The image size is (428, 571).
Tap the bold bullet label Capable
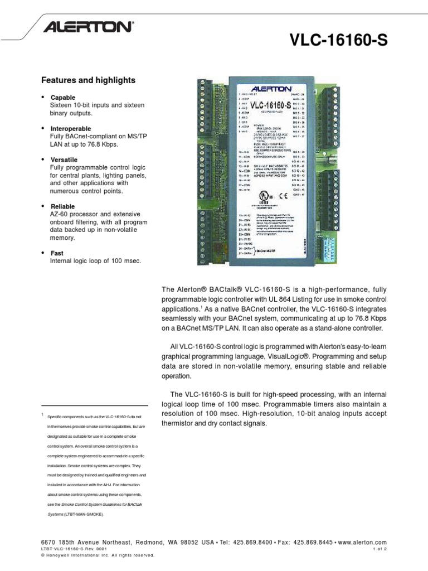(x=62, y=98)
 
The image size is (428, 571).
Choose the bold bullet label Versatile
(x=64, y=160)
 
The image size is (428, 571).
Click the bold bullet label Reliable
(x=62, y=206)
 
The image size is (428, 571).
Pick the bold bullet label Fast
(x=57, y=253)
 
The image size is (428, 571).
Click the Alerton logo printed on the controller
(x=270, y=88)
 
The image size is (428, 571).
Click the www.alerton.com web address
(x=362, y=543)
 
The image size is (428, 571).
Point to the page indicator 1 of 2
(x=379, y=549)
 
